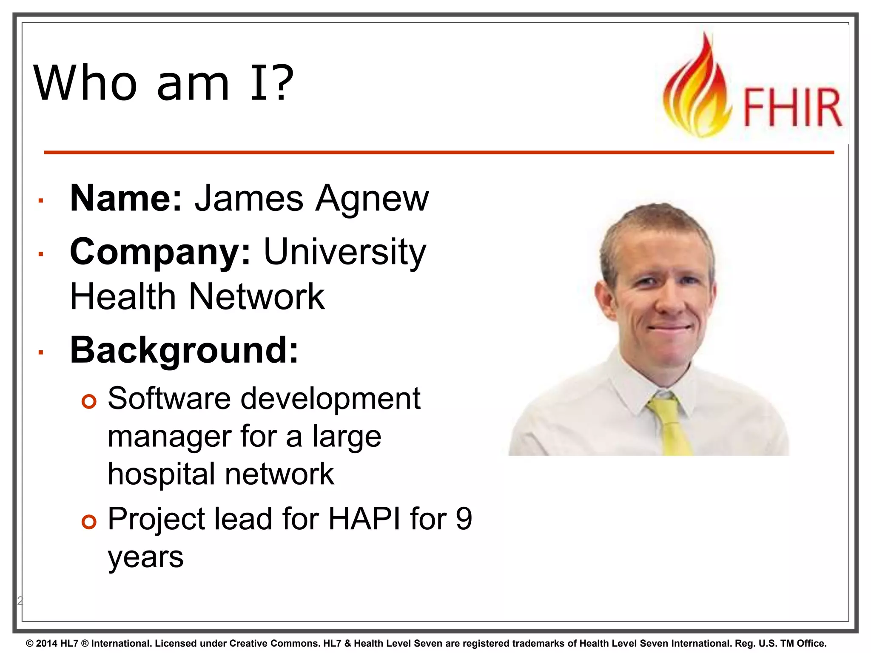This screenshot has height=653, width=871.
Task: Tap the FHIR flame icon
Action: point(697,89)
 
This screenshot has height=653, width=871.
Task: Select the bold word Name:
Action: point(126,198)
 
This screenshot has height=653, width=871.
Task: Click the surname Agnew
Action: point(372,199)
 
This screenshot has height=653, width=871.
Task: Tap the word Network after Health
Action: point(256,296)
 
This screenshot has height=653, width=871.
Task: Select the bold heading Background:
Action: point(184,350)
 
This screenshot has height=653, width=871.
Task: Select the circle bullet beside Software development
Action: point(89,401)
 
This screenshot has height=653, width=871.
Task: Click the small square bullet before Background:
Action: point(41,352)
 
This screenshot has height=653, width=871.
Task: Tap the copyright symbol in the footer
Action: point(29,643)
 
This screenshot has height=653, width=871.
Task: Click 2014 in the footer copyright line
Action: point(46,643)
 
